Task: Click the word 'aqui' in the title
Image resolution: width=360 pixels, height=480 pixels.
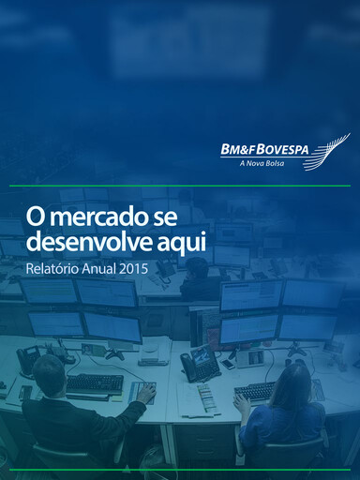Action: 187,242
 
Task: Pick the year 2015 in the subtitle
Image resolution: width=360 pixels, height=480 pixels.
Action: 133,269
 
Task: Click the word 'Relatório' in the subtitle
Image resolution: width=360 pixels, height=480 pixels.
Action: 53,269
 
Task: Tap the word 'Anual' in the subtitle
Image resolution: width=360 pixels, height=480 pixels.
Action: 100,269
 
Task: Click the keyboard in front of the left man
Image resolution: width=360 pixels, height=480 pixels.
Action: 94,382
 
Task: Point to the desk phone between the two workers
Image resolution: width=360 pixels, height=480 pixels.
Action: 200,363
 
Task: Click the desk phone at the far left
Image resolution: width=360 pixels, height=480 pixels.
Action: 30,357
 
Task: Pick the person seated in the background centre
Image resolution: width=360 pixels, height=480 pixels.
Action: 197,277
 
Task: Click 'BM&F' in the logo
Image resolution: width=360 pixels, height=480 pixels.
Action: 237,148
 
